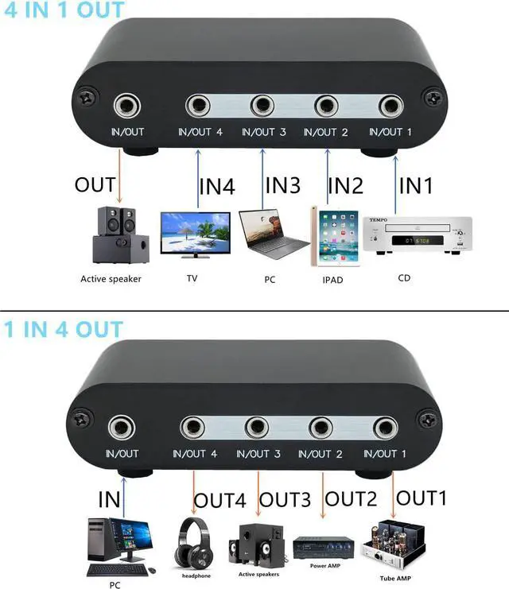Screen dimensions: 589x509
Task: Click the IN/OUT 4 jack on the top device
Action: [x=198, y=105]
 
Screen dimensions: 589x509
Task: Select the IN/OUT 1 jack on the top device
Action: [x=390, y=105]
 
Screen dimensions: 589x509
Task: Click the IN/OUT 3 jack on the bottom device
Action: [x=257, y=428]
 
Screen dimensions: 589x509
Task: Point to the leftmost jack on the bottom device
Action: [x=122, y=427]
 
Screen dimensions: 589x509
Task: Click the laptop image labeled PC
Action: [x=270, y=235]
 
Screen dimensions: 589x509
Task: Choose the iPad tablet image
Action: [x=327, y=237]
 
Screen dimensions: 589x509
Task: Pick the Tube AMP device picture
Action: [x=394, y=544]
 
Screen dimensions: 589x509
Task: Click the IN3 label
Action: [x=282, y=187]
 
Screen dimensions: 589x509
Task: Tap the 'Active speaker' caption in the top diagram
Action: [x=111, y=279]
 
